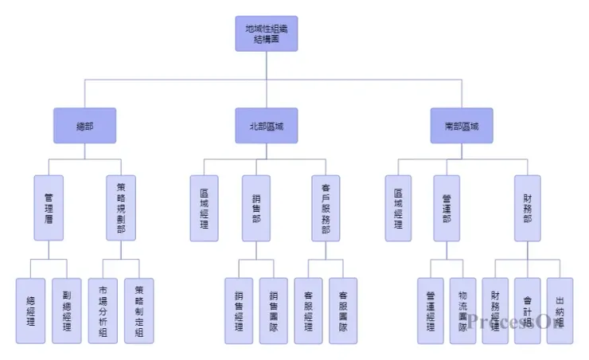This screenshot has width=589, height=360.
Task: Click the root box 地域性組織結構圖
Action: [x=267, y=33]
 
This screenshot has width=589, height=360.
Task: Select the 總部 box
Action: [x=84, y=126]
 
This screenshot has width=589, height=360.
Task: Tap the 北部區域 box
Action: [x=267, y=126]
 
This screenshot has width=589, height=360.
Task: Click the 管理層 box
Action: [x=49, y=208]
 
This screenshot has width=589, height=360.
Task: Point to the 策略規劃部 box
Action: [x=121, y=208]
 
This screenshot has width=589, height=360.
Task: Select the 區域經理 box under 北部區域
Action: [x=204, y=208]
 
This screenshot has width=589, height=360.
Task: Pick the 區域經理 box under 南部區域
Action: [x=399, y=208]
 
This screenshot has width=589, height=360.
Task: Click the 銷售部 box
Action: [x=256, y=208]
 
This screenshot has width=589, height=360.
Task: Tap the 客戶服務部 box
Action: [x=326, y=208]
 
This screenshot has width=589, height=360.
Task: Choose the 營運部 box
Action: [x=447, y=208]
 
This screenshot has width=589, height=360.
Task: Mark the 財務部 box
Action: [x=527, y=208]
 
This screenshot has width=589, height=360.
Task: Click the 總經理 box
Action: [x=30, y=311]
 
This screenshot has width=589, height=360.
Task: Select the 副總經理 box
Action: [x=67, y=311]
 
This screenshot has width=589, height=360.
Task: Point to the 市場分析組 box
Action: [x=102, y=311]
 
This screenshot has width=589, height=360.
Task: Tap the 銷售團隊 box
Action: [x=274, y=311]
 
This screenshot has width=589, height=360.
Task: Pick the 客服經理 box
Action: [x=308, y=311]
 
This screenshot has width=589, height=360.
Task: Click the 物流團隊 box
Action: [x=462, y=311]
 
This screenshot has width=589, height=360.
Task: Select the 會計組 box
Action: [x=527, y=311]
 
